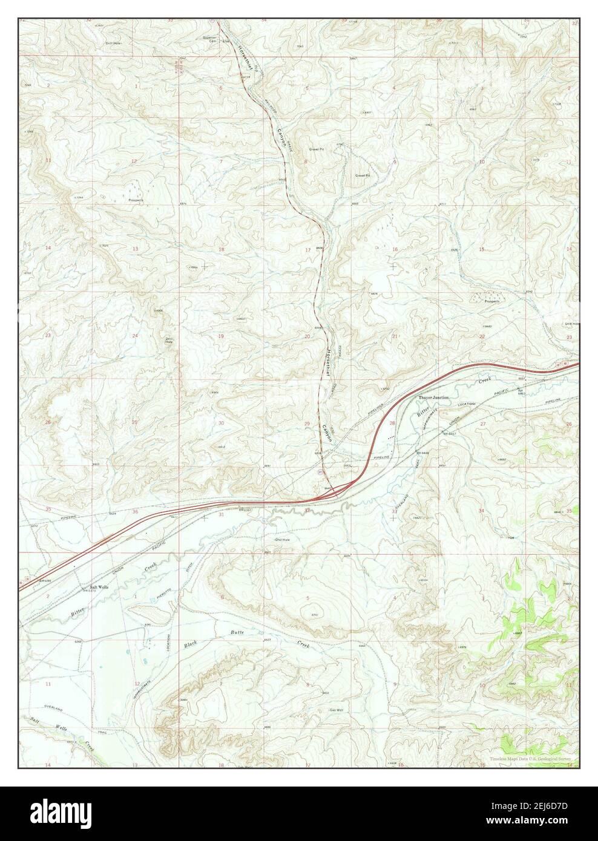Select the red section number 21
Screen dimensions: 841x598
[395, 336]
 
